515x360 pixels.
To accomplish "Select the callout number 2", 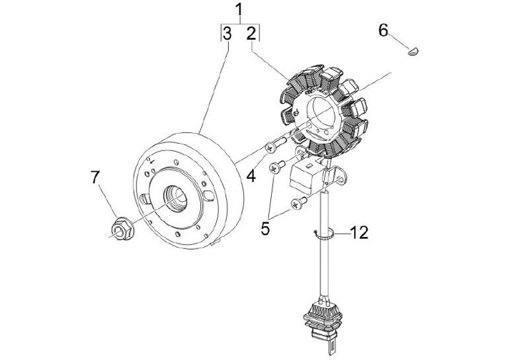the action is tap(251, 34).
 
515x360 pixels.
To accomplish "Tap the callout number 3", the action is tap(227, 34).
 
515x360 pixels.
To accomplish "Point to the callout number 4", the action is tap(251, 177).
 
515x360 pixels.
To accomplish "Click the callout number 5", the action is tap(265, 228).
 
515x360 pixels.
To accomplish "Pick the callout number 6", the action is tap(383, 30).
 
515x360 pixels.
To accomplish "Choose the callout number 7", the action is tap(95, 177).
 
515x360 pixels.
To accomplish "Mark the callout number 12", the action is tap(359, 233).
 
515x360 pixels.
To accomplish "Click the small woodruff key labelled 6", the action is tap(414, 51).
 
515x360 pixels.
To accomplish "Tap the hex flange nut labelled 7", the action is tap(122, 228).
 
